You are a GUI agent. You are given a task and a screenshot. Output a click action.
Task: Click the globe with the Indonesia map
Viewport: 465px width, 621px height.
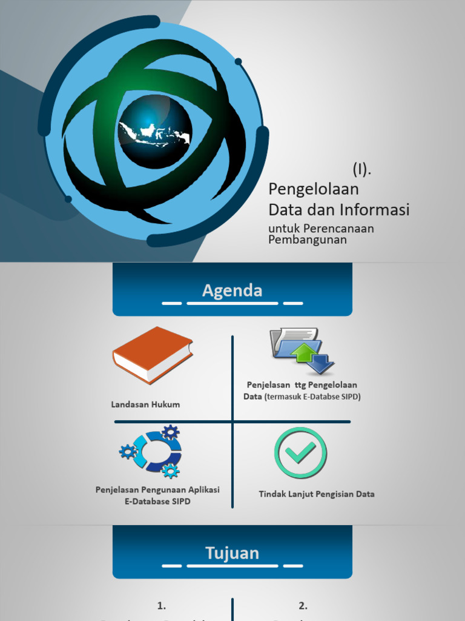click(155, 132)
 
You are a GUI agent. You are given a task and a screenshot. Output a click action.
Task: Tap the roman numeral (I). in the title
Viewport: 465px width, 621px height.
click(362, 169)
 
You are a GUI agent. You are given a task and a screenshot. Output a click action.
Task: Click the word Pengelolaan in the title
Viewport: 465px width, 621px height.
click(314, 189)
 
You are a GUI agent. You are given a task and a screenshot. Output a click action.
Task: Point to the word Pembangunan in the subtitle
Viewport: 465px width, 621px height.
click(308, 240)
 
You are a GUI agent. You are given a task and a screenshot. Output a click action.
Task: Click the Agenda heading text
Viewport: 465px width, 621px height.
click(232, 290)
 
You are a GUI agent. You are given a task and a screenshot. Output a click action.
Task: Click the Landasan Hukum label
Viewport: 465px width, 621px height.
click(145, 404)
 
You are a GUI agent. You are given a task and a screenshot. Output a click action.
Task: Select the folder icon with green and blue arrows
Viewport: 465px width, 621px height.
click(302, 351)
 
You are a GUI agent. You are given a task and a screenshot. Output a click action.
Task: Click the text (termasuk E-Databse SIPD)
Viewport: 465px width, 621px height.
click(312, 397)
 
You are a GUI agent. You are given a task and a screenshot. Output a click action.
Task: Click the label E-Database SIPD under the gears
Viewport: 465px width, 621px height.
click(157, 502)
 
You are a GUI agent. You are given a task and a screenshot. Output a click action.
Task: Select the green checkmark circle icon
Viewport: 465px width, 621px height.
click(300, 452)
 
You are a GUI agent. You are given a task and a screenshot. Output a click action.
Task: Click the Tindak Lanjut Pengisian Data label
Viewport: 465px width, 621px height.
click(317, 494)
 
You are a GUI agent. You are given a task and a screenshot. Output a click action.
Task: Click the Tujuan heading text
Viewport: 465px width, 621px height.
click(232, 553)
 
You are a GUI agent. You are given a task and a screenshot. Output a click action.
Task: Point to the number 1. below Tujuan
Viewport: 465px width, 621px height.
click(162, 605)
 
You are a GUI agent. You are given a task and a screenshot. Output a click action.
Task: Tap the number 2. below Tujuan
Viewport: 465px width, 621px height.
click(303, 605)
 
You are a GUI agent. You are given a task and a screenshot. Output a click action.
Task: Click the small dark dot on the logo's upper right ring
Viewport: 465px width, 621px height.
click(239, 61)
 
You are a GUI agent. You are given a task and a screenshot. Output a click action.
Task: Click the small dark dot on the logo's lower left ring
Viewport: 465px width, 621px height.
click(68, 199)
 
